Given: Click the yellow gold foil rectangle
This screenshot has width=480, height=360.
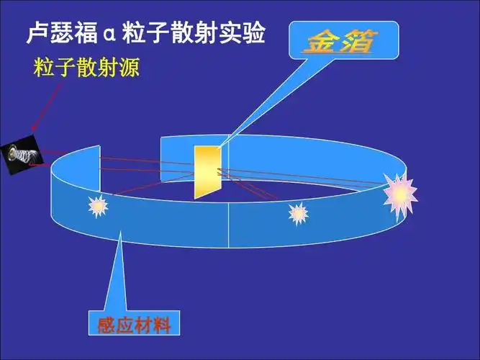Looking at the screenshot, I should tap(207, 171).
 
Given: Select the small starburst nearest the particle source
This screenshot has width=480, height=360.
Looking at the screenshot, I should tap(98, 207).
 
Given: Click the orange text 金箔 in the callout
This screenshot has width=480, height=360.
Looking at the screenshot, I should tap(338, 42).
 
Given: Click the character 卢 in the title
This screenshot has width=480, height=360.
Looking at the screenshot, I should tap(37, 32).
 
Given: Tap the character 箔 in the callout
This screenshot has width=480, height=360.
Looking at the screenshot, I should tap(356, 42).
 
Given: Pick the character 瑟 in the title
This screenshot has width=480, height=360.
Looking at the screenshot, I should tap(62, 32).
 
